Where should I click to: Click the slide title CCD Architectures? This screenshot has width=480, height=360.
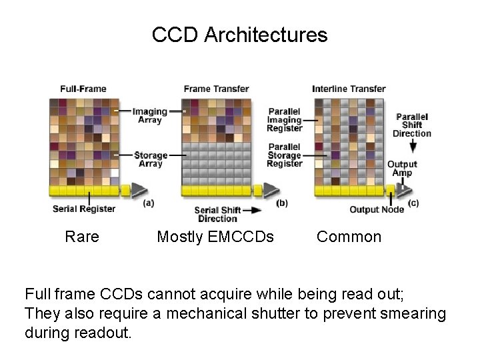[x=239, y=35]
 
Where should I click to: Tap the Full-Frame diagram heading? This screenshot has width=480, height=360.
[x=83, y=89]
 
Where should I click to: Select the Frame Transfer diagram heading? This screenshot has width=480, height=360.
[x=216, y=89]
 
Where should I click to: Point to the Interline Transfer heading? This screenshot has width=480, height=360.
[x=349, y=89]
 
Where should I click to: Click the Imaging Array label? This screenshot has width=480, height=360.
[x=149, y=116]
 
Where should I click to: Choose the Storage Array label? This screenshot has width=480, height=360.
[x=149, y=159]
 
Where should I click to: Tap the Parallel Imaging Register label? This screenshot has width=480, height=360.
[x=285, y=120]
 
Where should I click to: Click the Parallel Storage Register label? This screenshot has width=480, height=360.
[x=285, y=155]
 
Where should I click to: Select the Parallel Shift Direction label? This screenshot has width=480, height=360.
[x=412, y=125]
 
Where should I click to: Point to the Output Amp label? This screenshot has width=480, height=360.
[x=402, y=169]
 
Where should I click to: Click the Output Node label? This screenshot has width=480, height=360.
[x=377, y=209]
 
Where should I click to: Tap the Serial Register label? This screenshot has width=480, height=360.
[x=84, y=209]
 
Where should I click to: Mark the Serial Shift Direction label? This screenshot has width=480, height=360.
[x=217, y=214]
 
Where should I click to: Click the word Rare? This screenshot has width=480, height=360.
[x=82, y=237]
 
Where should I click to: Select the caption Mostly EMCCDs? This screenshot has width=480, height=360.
[x=215, y=237]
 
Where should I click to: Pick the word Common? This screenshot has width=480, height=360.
[x=349, y=237]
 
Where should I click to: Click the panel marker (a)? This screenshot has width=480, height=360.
[x=148, y=203]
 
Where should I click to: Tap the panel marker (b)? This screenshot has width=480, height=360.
[x=281, y=203]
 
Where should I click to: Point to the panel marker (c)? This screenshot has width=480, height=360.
[x=413, y=203]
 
